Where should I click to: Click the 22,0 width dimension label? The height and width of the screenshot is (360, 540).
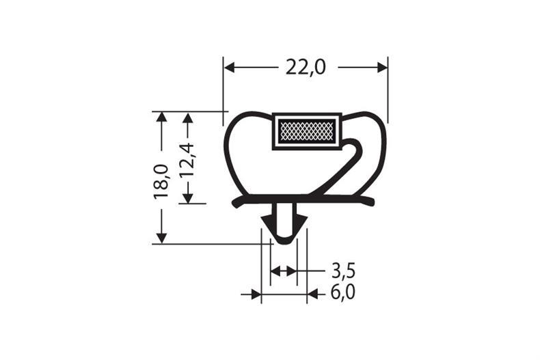coord(305,67)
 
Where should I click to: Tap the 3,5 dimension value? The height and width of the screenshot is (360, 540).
coord(343,271)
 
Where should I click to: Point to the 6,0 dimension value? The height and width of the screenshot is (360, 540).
coord(343,294)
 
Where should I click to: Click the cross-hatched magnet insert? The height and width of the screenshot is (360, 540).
coord(306,130)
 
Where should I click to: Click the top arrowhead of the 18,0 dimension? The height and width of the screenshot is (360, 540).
coord(161,117)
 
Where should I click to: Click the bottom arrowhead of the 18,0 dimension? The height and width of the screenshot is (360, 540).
coord(161,237)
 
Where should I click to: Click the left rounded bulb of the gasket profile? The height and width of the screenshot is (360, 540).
coord(236,154)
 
